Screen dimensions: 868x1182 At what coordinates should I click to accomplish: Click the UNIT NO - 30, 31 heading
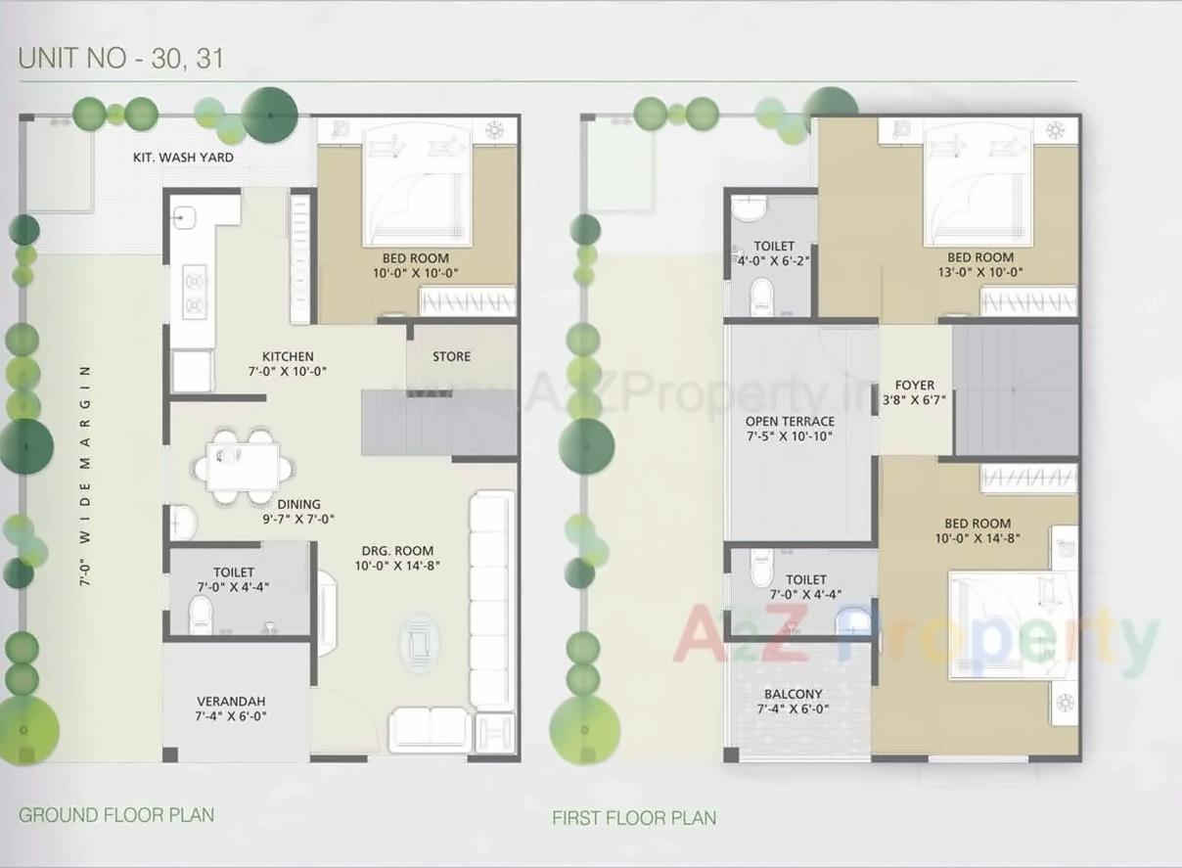click(x=121, y=58)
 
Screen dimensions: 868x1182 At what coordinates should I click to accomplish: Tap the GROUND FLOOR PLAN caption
click(x=116, y=814)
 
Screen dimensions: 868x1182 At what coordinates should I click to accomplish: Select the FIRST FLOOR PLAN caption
click(x=634, y=817)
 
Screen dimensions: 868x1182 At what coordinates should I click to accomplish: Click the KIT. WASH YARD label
click(x=183, y=157)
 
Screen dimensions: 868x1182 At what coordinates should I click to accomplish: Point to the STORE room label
click(x=451, y=356)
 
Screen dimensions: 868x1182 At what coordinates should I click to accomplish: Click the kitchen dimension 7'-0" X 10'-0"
click(x=287, y=371)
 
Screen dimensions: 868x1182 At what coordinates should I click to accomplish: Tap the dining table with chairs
click(x=243, y=466)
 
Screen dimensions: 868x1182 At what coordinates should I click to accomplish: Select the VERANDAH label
click(x=231, y=702)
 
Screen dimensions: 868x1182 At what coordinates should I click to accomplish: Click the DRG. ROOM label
click(x=393, y=550)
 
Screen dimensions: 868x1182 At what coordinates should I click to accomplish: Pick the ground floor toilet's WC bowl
click(x=201, y=616)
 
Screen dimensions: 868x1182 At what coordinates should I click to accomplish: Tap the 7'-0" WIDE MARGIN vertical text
click(x=86, y=475)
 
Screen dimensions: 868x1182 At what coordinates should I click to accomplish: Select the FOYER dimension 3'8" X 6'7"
click(x=914, y=399)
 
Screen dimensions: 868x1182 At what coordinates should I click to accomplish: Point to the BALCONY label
click(x=794, y=694)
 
